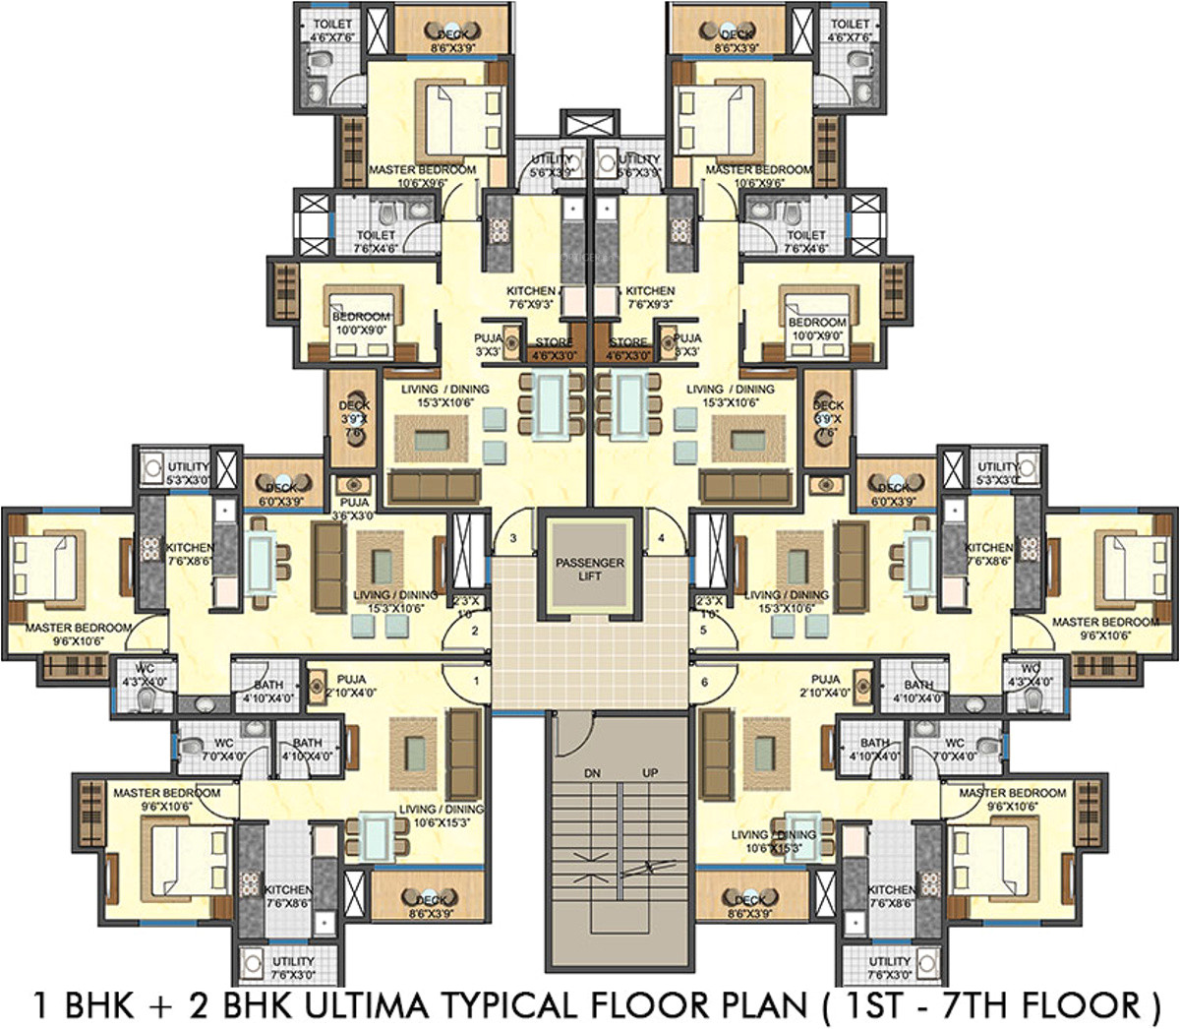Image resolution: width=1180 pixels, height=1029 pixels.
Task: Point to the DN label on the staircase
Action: click(x=592, y=774)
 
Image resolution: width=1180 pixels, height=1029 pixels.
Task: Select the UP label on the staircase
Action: click(x=650, y=774)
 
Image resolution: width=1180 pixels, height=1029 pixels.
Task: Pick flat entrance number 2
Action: click(x=474, y=631)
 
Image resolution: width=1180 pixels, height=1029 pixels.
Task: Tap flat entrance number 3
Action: click(x=512, y=538)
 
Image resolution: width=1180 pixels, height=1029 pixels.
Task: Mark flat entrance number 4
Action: click(x=662, y=538)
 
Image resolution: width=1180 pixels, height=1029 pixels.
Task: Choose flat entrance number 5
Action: click(x=703, y=631)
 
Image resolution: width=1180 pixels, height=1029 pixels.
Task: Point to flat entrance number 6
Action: click(x=704, y=681)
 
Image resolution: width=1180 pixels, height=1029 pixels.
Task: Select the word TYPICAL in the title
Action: click(x=511, y=1004)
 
